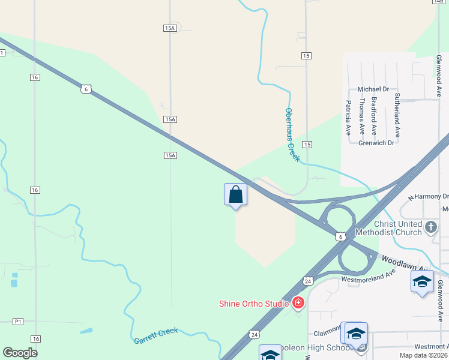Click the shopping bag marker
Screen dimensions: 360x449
click(235, 195)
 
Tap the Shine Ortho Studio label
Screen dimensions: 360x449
click(254, 304)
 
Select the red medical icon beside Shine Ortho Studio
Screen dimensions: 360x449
click(298, 304)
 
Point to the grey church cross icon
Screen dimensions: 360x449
click(431, 227)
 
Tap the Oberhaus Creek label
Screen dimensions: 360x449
click(292, 134)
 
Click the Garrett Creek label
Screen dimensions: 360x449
click(155, 339)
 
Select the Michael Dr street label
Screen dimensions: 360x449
click(373, 89)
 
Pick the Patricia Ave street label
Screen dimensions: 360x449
click(348, 117)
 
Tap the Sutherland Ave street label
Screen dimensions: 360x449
click(397, 115)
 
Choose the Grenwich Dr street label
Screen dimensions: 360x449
click(376, 143)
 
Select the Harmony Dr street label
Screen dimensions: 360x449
click(430, 196)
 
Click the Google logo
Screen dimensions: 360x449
click(20, 353)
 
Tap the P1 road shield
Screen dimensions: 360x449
click(18, 322)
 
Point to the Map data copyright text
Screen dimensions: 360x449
click(424, 355)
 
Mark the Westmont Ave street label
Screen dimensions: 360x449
click(432, 347)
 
